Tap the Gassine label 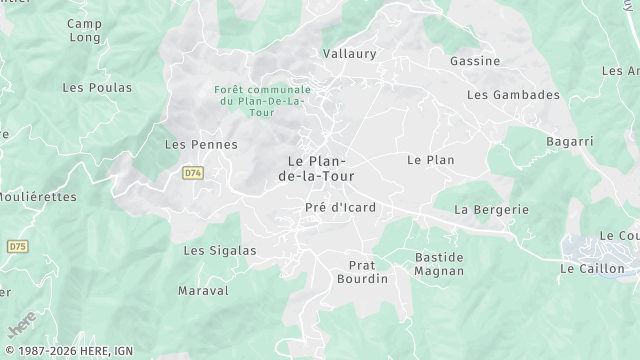pos(475,61)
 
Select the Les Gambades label pos(513,95)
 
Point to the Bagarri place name pos(570,142)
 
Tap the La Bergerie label pos(491,210)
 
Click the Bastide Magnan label pos(439,264)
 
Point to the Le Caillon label pos(592,269)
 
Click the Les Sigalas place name pos(219,250)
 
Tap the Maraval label pos(203,291)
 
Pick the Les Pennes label pos(201,145)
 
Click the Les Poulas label pos(97,88)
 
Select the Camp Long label pos(84,30)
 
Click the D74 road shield pos(193,173)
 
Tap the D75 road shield pos(17,246)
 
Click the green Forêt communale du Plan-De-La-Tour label pos(262,100)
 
